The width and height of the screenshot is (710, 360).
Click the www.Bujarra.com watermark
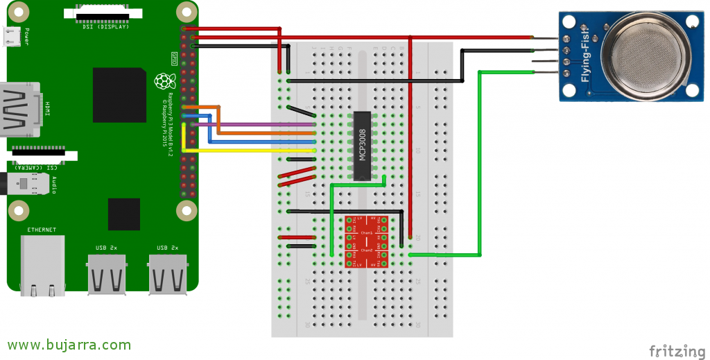pos(69,345)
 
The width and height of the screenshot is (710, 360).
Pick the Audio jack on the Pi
pos(28,184)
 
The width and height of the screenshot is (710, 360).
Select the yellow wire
pos(250,150)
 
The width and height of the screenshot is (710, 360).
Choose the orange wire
pos(263,132)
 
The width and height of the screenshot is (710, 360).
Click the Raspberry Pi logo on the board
pos(164,81)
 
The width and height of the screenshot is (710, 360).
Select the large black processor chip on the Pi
pos(119,95)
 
